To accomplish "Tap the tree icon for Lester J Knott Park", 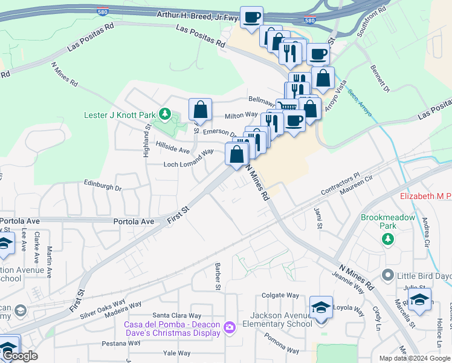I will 164,114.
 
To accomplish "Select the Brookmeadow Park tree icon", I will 387,240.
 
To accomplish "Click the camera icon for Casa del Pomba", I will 229,328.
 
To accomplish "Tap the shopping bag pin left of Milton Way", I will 200,110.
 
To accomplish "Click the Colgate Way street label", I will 280,295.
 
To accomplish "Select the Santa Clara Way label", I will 176,315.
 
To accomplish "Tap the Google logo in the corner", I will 19,356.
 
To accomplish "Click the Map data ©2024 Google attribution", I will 415,358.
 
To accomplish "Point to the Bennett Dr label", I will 381,79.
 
